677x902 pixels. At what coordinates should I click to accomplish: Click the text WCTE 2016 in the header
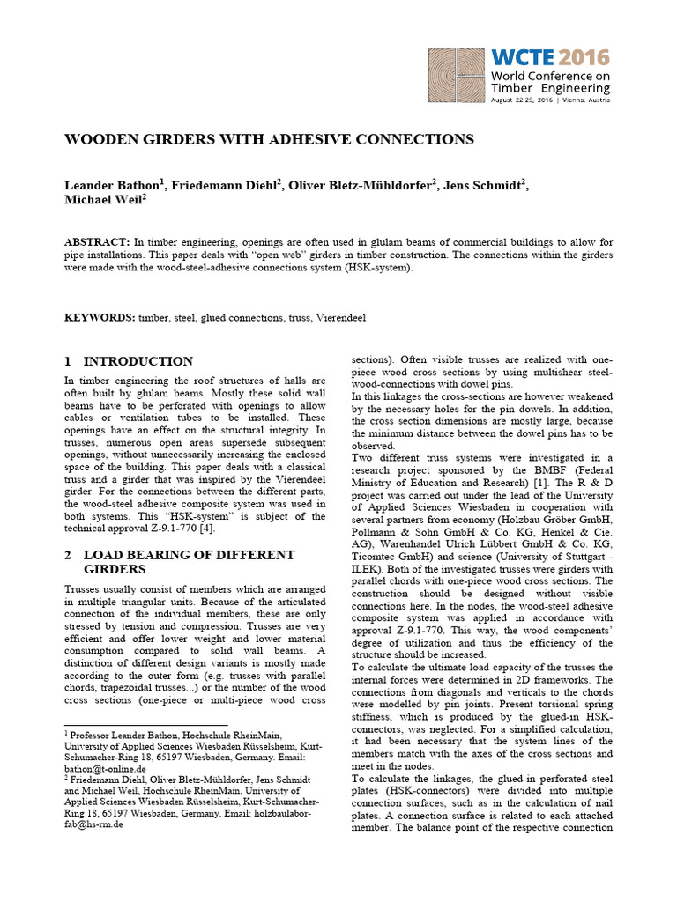550,58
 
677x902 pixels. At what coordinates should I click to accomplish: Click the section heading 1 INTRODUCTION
129,361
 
